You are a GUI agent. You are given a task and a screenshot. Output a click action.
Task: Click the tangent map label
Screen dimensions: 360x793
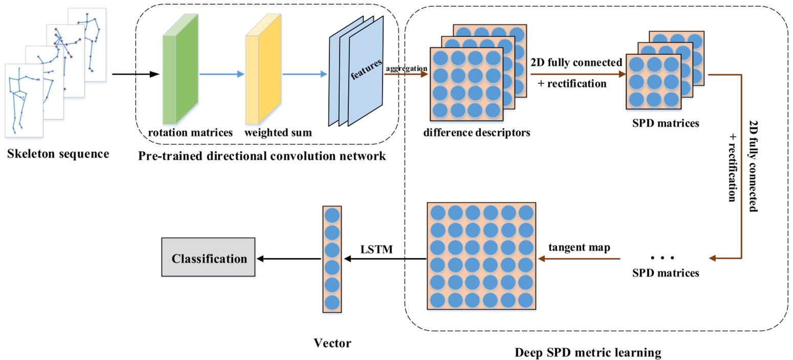[x=581, y=247]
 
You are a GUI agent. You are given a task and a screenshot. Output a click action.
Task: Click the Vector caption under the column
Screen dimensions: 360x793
[x=333, y=343]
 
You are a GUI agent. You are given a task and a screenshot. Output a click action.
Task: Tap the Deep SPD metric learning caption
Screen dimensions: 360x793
[x=588, y=352]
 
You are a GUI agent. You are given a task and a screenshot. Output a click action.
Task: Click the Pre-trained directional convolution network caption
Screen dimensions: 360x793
[x=261, y=155]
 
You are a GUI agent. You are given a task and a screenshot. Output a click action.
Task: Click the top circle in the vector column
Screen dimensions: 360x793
[x=332, y=215]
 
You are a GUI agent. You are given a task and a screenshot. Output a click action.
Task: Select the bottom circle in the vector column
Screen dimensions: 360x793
[x=332, y=302]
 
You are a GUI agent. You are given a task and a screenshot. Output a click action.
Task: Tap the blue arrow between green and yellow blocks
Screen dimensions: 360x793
[x=222, y=75]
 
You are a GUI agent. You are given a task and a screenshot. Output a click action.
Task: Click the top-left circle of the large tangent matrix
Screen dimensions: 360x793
[x=438, y=212]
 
